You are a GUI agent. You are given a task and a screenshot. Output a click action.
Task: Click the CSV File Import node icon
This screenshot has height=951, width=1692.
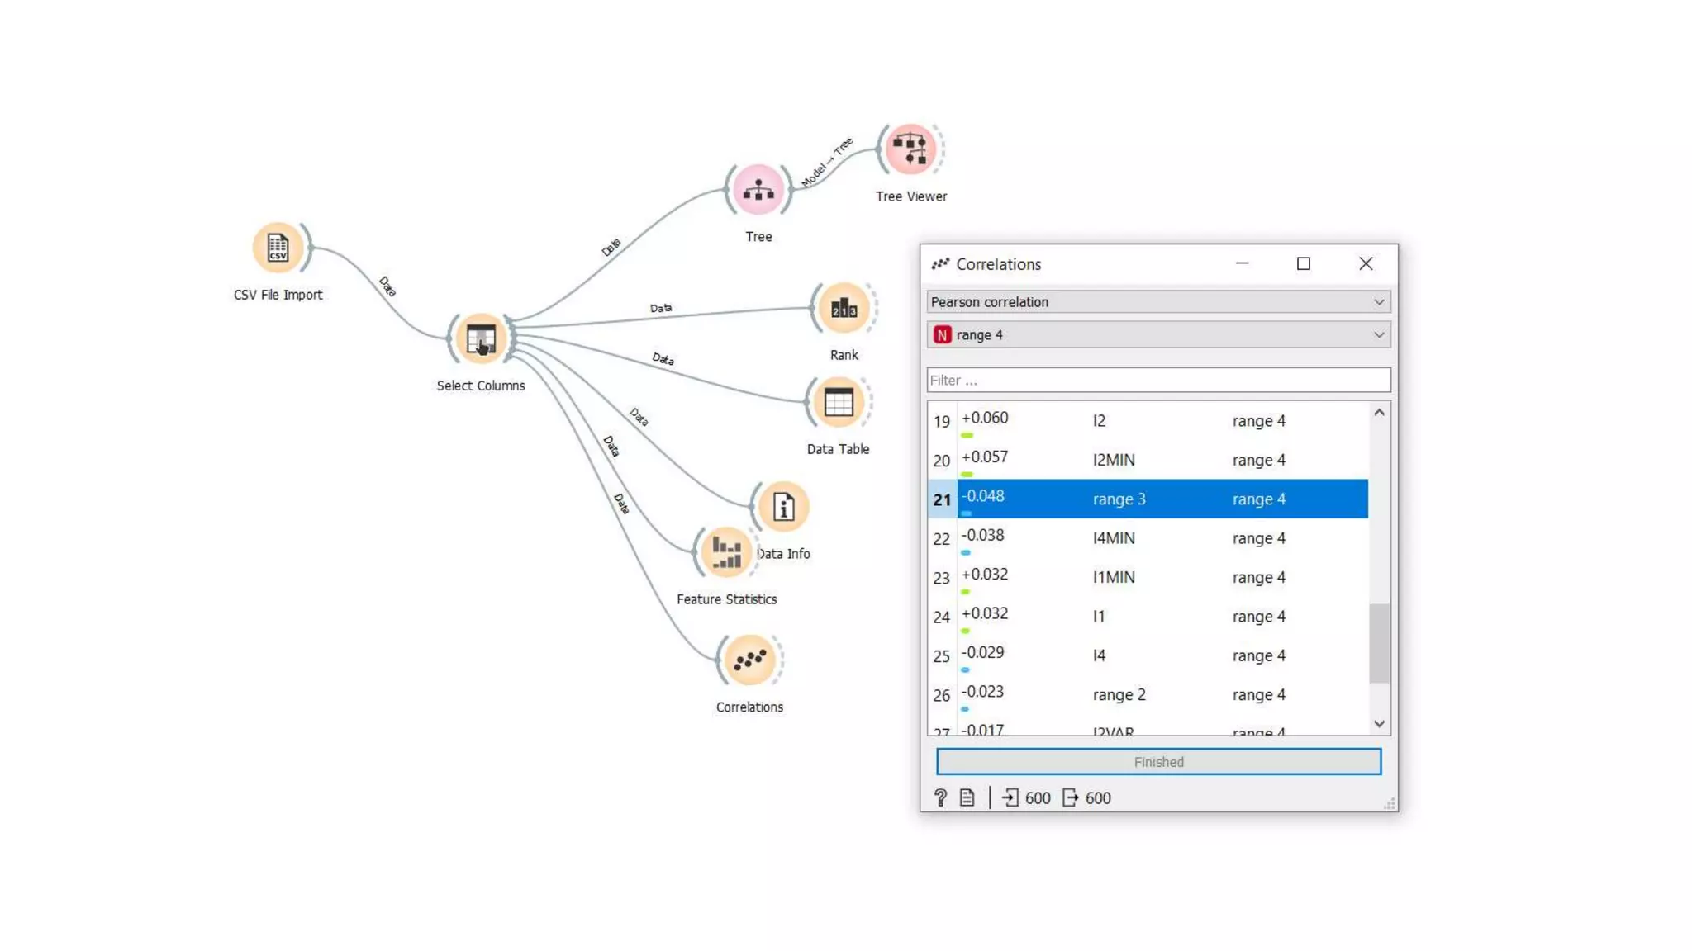(x=278, y=247)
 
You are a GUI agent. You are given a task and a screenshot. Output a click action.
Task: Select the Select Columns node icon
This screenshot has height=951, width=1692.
(x=481, y=338)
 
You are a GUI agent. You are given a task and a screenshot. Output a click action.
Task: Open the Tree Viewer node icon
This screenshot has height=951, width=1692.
(x=910, y=149)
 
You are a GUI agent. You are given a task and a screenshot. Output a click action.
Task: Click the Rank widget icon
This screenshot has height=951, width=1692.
(x=844, y=309)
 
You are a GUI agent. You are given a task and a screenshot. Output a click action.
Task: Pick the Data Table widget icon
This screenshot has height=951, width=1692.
(x=838, y=403)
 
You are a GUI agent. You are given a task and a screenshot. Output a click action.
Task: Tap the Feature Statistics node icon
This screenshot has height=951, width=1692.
(x=725, y=552)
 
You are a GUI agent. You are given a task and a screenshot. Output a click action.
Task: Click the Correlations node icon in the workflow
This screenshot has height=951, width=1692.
(x=749, y=660)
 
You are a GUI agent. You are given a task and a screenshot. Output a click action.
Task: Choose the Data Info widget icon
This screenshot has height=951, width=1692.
(x=783, y=507)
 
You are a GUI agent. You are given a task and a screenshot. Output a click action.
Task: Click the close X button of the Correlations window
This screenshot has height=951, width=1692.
(x=1366, y=263)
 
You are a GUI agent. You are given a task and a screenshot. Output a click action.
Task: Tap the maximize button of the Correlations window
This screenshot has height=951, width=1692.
(x=1304, y=263)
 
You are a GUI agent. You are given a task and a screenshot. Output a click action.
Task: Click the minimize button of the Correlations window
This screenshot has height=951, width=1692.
(x=1242, y=263)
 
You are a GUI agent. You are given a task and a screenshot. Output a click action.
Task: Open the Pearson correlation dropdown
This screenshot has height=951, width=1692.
(x=1158, y=302)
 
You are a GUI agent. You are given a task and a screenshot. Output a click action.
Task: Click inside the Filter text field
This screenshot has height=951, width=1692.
(x=1158, y=381)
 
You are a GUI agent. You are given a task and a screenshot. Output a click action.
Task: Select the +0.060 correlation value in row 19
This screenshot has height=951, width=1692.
(x=985, y=419)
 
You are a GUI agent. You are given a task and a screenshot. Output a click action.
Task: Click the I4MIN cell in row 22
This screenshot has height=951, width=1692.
(x=1114, y=538)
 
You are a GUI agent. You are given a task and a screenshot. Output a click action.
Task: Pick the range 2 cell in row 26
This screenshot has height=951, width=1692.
(x=1119, y=695)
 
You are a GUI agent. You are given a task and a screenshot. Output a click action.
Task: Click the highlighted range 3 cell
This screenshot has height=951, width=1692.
(x=1119, y=499)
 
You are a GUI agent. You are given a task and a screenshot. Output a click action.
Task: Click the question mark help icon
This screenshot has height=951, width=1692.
(x=940, y=797)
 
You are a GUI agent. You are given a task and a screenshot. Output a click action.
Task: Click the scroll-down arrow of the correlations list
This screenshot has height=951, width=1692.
(x=1379, y=724)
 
